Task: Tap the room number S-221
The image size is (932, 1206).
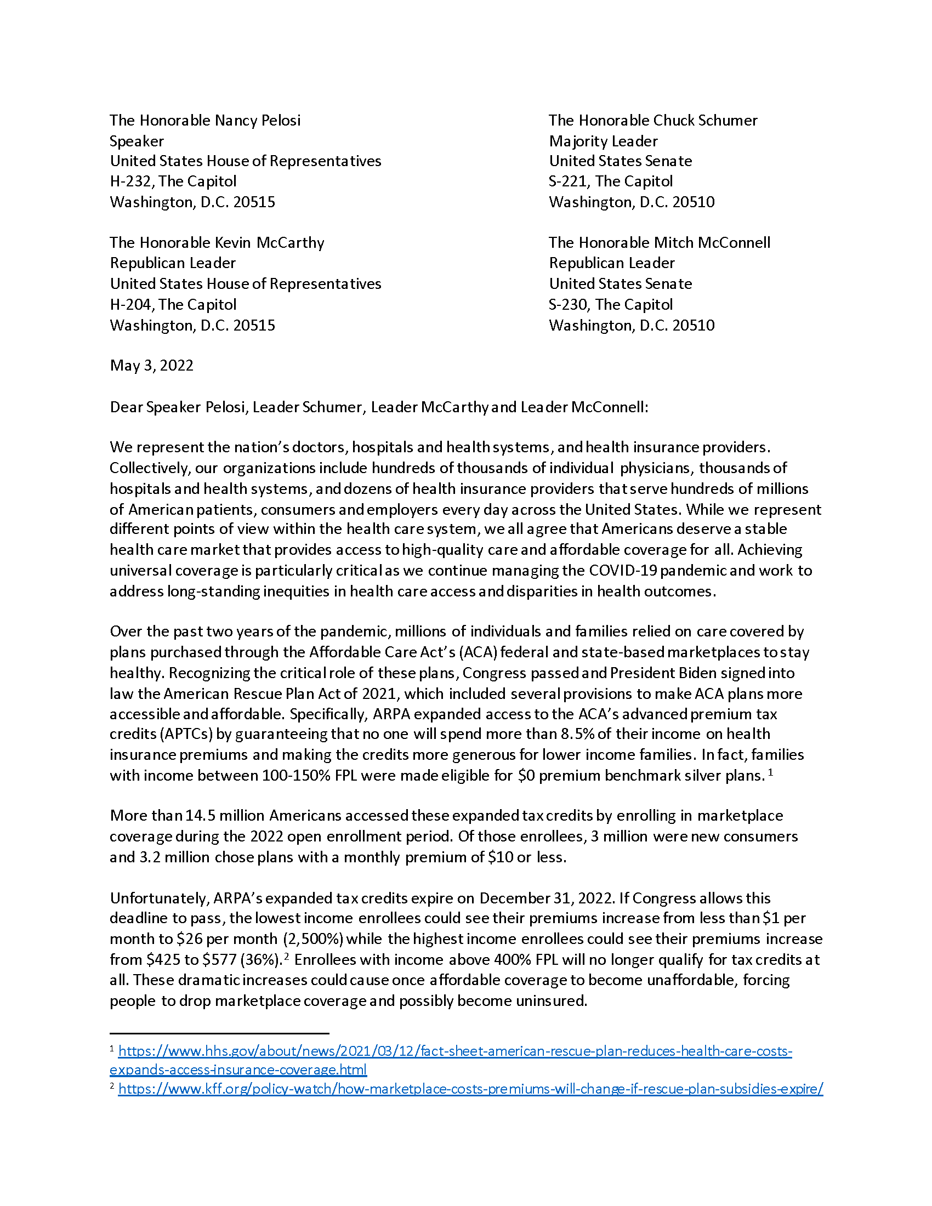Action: tap(567, 181)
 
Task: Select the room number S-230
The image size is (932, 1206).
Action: tap(567, 305)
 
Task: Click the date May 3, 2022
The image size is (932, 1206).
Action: tap(152, 366)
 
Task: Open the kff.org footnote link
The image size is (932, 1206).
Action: tap(470, 1089)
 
